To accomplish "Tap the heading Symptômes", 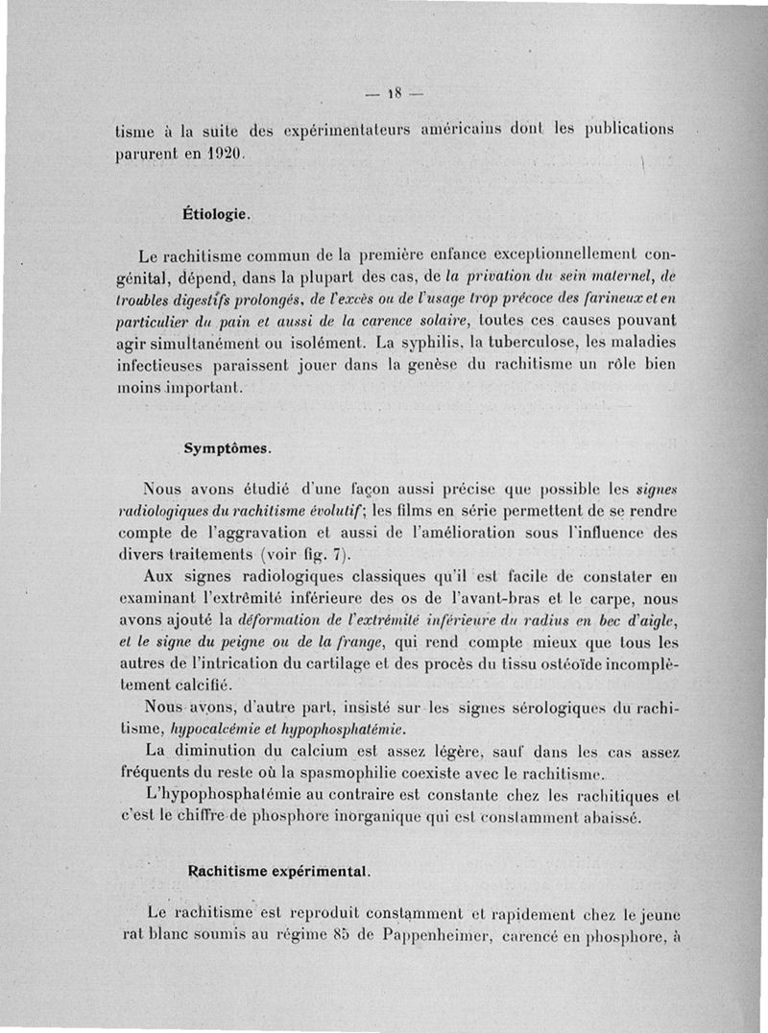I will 228,447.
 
